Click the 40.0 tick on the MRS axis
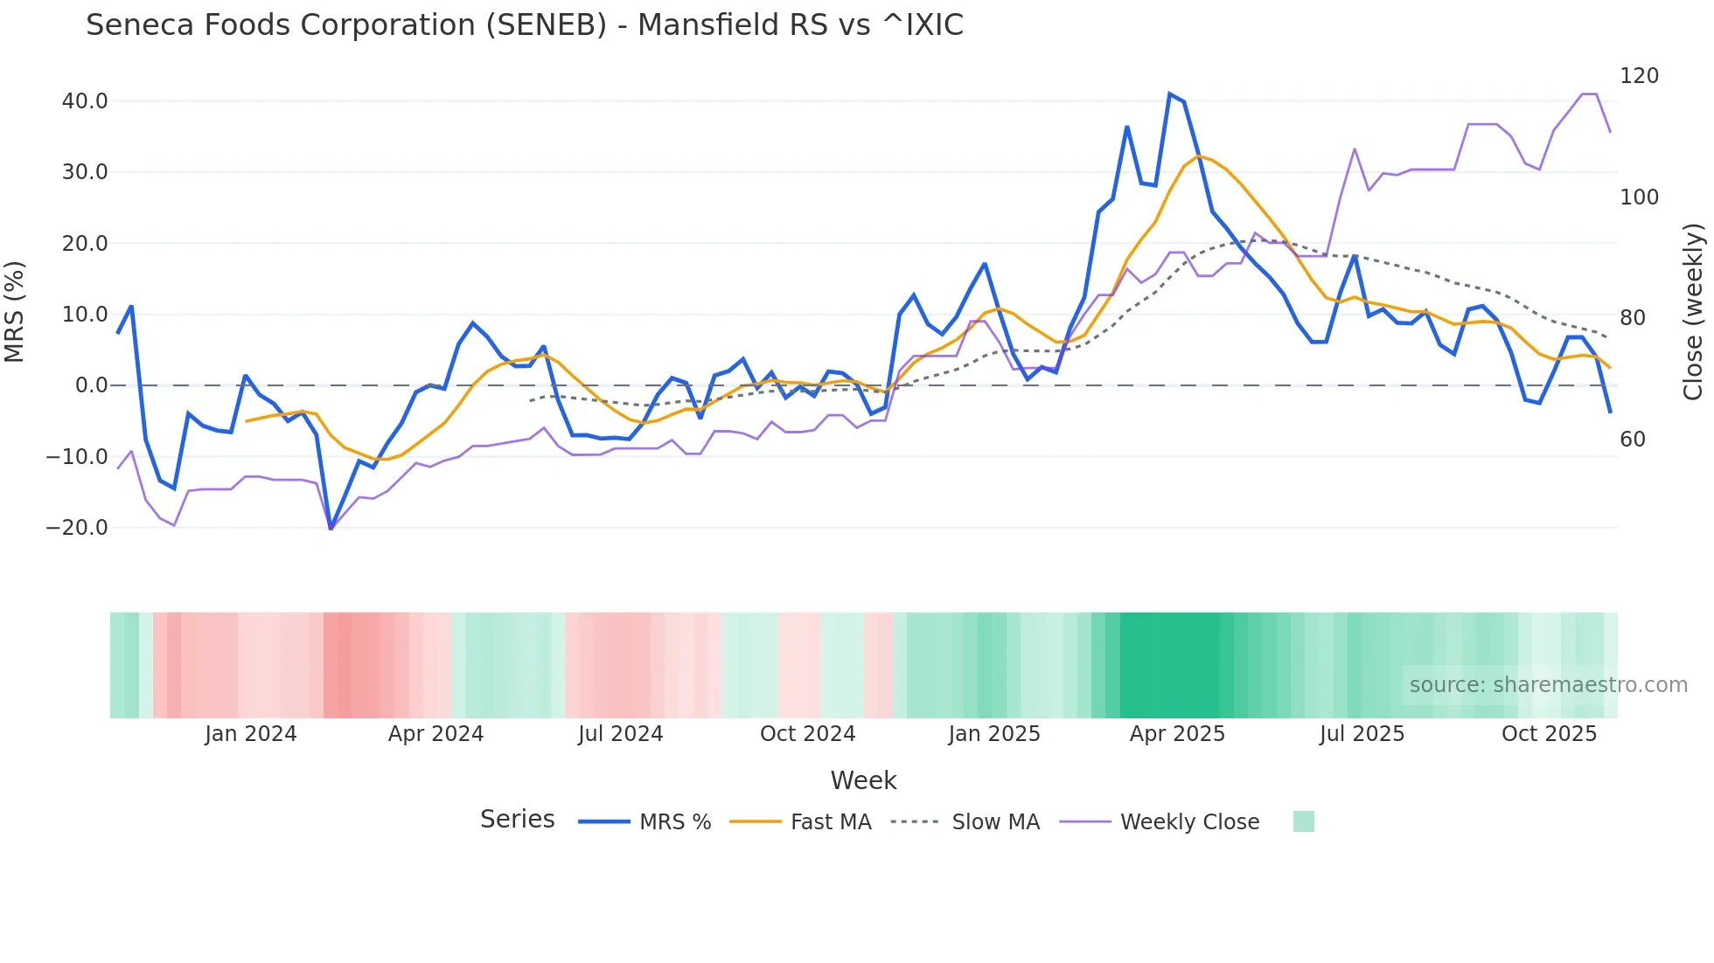(85, 101)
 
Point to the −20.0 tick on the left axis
(78, 528)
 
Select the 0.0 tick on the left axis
(92, 385)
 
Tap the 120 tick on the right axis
(1639, 76)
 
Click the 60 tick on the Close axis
(1633, 440)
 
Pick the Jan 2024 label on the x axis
(251, 734)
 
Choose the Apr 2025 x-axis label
(1177, 734)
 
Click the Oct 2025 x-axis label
(1549, 734)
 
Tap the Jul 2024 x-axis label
(620, 734)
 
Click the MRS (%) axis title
(15, 311)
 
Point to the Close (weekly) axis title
(1693, 311)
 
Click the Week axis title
(863, 780)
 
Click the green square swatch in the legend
(1303, 821)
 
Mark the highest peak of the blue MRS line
(1170, 94)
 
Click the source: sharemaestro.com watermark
(1548, 685)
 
